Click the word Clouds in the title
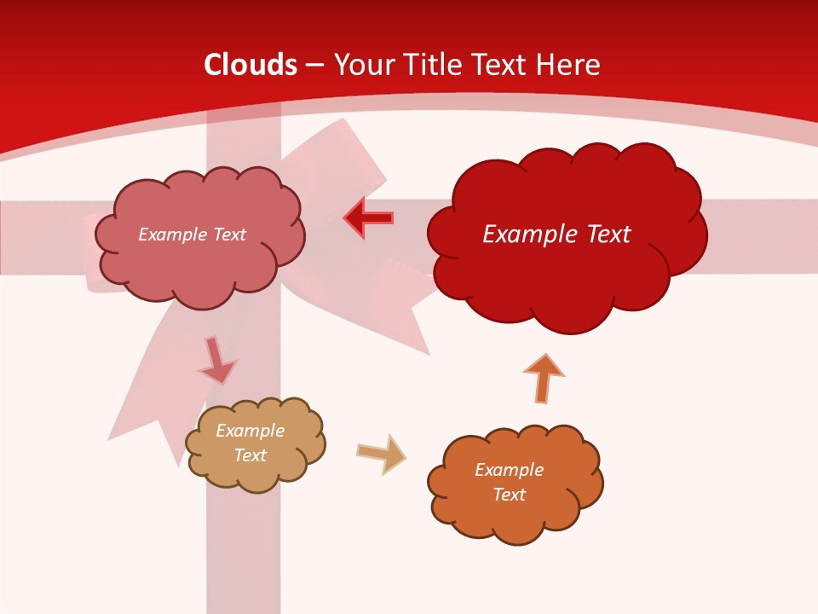pos(251,65)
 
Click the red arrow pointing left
pos(368,218)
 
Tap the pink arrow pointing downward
pos(216,360)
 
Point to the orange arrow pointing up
pos(543,378)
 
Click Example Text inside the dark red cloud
pos(556,235)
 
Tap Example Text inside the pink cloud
pos(192,235)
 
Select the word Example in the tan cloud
pos(250,431)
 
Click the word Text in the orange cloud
pos(509,495)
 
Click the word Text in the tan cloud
pos(250,455)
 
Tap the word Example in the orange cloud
pos(509,470)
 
